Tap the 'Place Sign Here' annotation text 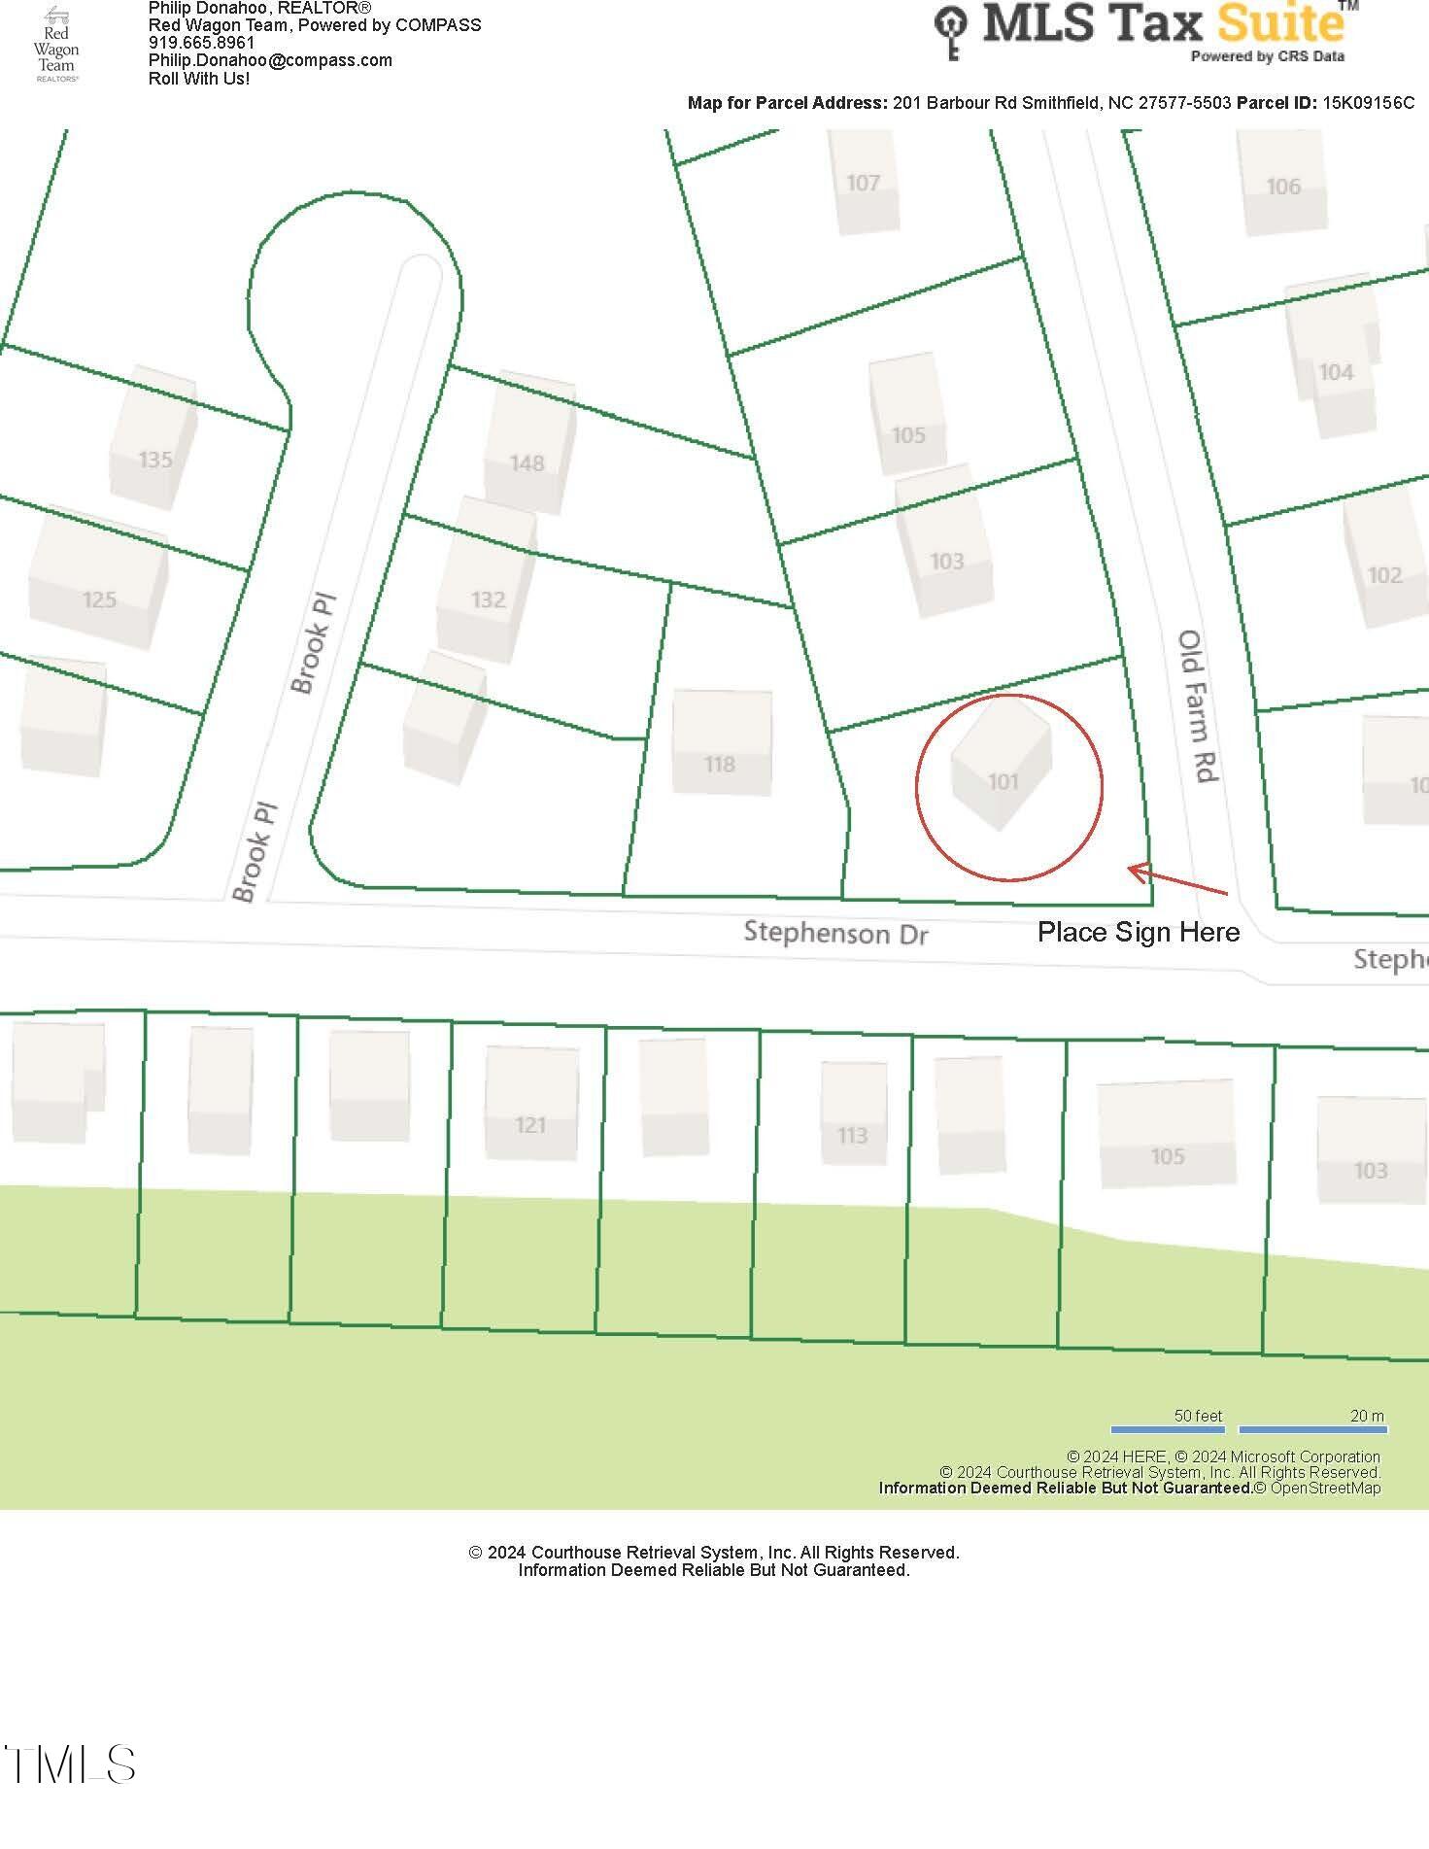pos(1138,932)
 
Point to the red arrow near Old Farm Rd pos(1176,878)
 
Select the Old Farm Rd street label pos(1197,707)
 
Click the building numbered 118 pos(721,742)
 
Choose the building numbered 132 pos(486,580)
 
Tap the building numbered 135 pos(153,438)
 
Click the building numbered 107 pos(864,182)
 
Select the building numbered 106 pos(1283,184)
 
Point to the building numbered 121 pos(530,1103)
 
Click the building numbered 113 pos(853,1113)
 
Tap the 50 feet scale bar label pos(1198,1416)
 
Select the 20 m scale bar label pos(1366,1416)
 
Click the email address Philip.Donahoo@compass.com pos(270,60)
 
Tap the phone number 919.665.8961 pos(201,43)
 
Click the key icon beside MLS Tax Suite pos(951,31)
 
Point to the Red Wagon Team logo pos(56,45)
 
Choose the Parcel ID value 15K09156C pos(1368,103)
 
